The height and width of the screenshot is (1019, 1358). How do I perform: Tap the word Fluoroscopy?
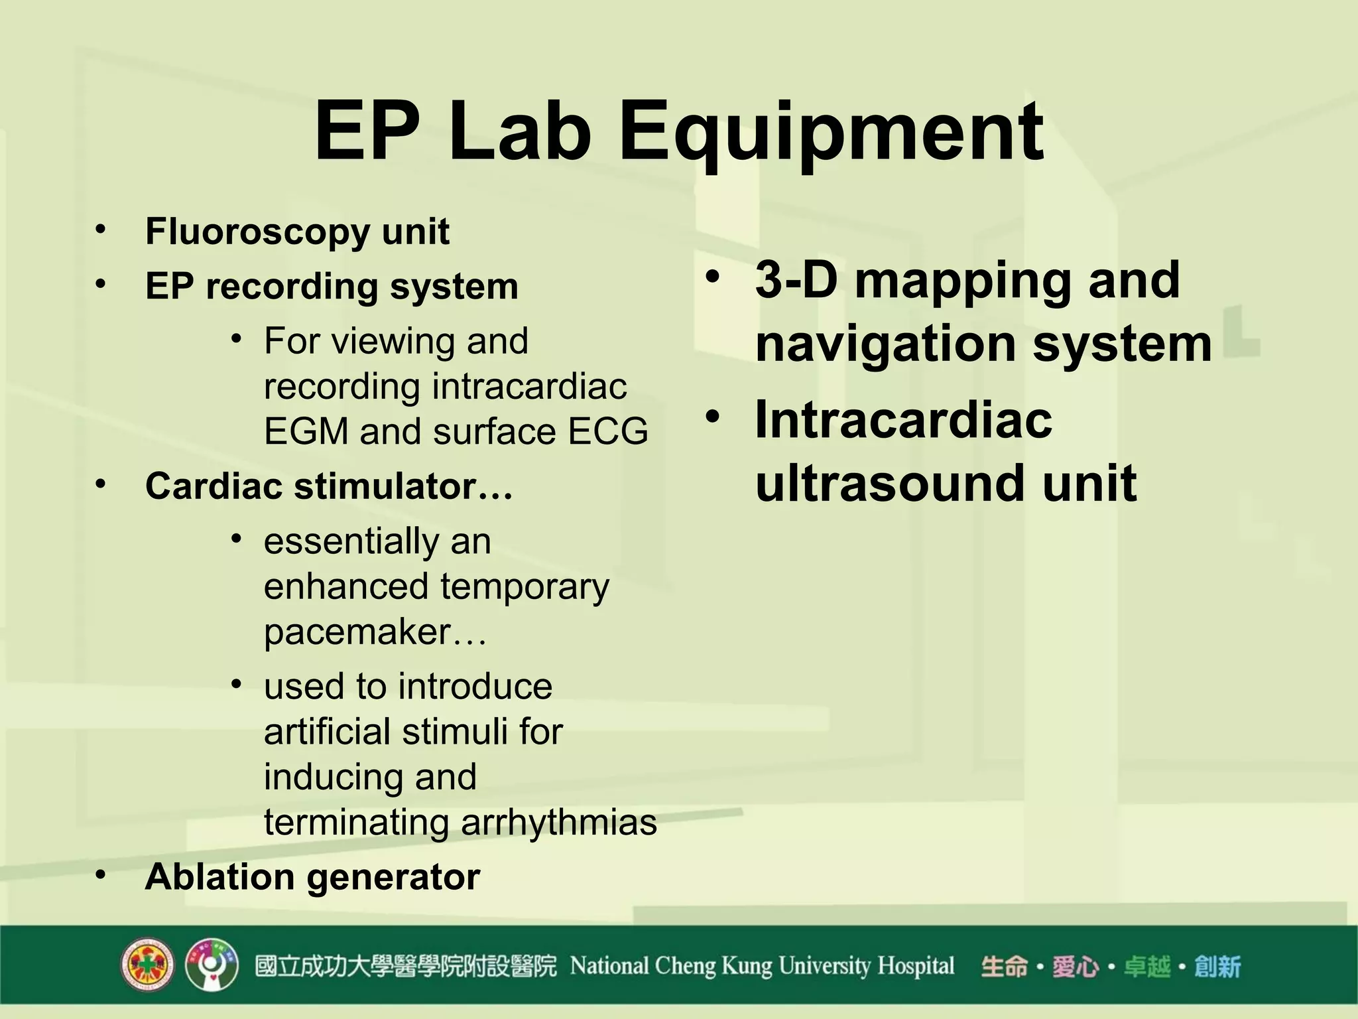tap(257, 233)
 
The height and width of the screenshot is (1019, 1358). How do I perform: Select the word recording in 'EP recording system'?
tap(296, 287)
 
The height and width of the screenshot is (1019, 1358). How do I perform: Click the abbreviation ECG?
tap(607, 432)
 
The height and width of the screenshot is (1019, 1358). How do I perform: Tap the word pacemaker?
tap(358, 632)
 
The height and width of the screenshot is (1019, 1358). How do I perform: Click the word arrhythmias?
tap(558, 823)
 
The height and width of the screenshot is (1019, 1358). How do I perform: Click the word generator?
tap(393, 878)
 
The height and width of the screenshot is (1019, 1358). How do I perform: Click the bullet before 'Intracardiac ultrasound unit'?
tap(712, 417)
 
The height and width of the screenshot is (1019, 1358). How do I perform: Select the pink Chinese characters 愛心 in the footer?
tap(1075, 967)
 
